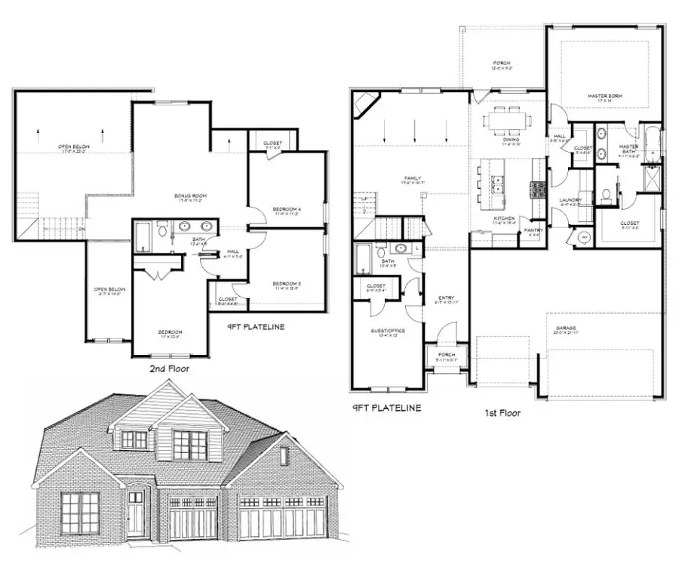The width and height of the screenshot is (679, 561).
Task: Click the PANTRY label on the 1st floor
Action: tap(533, 231)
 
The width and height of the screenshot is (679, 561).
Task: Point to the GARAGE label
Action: tap(566, 328)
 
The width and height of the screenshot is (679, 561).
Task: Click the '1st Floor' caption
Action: tap(502, 413)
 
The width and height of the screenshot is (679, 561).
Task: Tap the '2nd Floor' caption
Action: tap(169, 369)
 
